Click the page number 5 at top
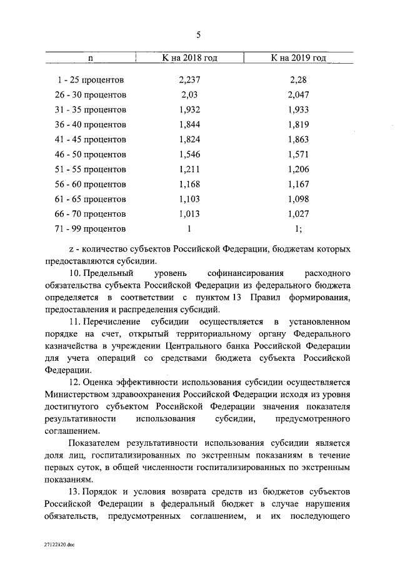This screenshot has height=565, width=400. [x=198, y=35]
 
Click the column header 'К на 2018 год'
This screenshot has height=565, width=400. [x=189, y=58]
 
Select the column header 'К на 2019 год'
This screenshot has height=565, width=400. [x=299, y=58]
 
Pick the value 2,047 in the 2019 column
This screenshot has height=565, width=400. [x=299, y=95]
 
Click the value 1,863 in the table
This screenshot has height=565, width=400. [x=299, y=140]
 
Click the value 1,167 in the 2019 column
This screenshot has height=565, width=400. [x=299, y=184]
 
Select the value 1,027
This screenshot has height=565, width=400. [x=299, y=214]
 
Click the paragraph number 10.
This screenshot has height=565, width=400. [x=75, y=274]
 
